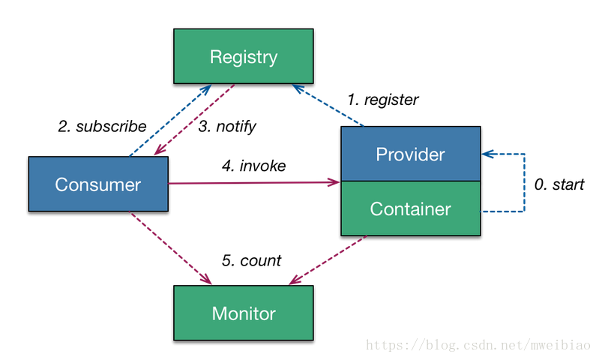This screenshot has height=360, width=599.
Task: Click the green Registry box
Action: [x=244, y=56]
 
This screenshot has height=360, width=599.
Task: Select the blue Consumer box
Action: [x=98, y=184]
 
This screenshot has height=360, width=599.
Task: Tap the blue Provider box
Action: [x=411, y=154]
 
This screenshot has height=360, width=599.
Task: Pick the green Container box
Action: [x=411, y=208]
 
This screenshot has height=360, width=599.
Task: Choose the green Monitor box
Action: [x=244, y=313]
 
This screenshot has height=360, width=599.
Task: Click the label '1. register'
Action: [x=383, y=100]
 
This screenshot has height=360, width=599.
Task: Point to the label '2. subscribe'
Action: [x=102, y=127]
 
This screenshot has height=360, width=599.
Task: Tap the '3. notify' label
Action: [x=227, y=127]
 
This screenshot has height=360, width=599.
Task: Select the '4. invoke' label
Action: [x=253, y=166]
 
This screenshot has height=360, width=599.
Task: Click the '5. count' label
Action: [x=251, y=261]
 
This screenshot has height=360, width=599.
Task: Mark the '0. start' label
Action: [x=559, y=184]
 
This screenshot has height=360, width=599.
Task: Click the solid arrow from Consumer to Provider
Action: [x=254, y=183]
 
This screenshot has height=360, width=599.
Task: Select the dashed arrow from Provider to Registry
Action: [x=328, y=105]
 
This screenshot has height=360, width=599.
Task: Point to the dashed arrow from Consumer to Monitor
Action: [x=171, y=248]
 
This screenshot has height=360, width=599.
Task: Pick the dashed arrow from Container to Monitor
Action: [x=328, y=260]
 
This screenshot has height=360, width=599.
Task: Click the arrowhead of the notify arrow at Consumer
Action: [x=159, y=151]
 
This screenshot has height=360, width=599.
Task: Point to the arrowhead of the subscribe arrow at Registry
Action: [x=207, y=89]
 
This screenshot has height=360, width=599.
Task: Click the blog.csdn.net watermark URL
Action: [x=478, y=345]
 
